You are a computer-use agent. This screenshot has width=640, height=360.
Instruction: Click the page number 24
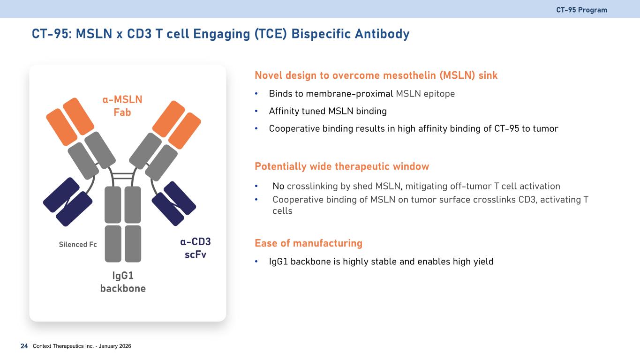pos(24,346)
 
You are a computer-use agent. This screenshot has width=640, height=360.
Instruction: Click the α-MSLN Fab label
pos(122,105)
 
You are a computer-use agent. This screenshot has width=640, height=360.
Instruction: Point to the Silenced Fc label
pos(78,244)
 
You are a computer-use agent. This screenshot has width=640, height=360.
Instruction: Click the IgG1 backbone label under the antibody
pos(123,281)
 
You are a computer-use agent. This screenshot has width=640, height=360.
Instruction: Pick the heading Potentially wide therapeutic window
pos(342,166)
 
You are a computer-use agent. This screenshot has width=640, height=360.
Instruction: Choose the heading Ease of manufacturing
pos(309,243)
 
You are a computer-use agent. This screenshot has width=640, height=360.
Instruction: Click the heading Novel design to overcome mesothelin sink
pos(376,75)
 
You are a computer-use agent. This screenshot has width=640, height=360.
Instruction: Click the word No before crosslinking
pos(279,186)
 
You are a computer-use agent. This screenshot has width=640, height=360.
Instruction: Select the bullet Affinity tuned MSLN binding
pos(328,112)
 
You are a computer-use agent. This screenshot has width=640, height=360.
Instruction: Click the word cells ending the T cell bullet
pos(282,211)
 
